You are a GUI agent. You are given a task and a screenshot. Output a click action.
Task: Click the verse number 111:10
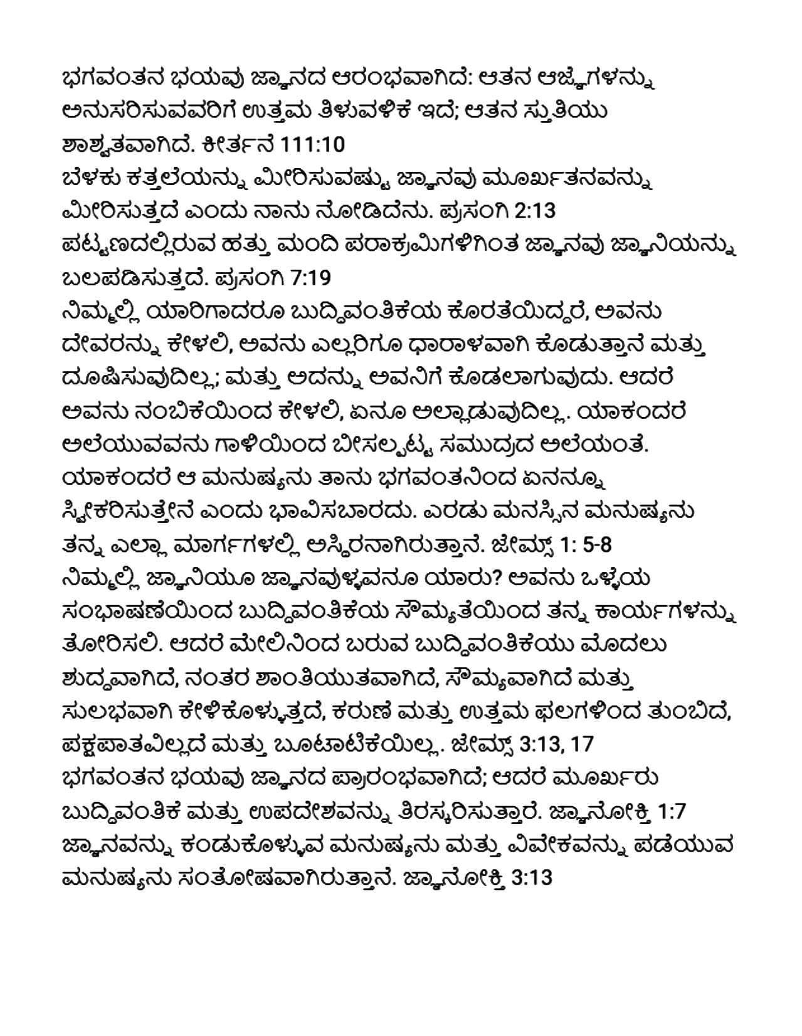pyautogui.click(x=314, y=145)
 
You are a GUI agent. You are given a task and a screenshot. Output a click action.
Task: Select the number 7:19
pyautogui.click(x=313, y=278)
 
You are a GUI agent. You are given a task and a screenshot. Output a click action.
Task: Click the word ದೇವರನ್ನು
pyautogui.click(x=114, y=345)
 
